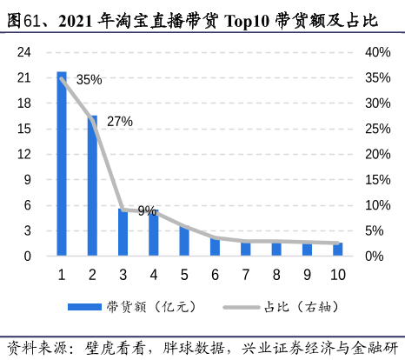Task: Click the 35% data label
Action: [x=89, y=80]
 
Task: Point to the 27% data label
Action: [x=119, y=122]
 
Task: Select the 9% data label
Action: [x=147, y=210]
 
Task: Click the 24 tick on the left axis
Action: [x=24, y=52]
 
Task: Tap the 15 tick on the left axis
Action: [x=24, y=129]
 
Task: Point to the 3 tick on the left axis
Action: [x=28, y=230]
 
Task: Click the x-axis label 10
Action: [x=337, y=275]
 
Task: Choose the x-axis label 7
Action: [x=246, y=275]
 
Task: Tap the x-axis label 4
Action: [x=154, y=275]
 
